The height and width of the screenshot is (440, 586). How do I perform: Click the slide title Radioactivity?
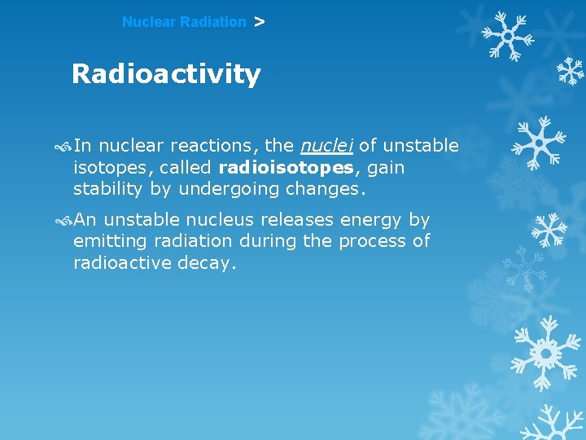pyautogui.click(x=166, y=74)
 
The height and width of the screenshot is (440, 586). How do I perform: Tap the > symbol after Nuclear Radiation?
pyautogui.click(x=259, y=22)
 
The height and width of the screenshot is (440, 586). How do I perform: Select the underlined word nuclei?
pyautogui.click(x=326, y=146)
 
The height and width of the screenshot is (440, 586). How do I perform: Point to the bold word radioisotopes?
pyautogui.click(x=286, y=168)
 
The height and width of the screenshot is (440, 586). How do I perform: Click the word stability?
pyautogui.click(x=107, y=190)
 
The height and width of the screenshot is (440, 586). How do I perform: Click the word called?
pyautogui.click(x=187, y=168)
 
